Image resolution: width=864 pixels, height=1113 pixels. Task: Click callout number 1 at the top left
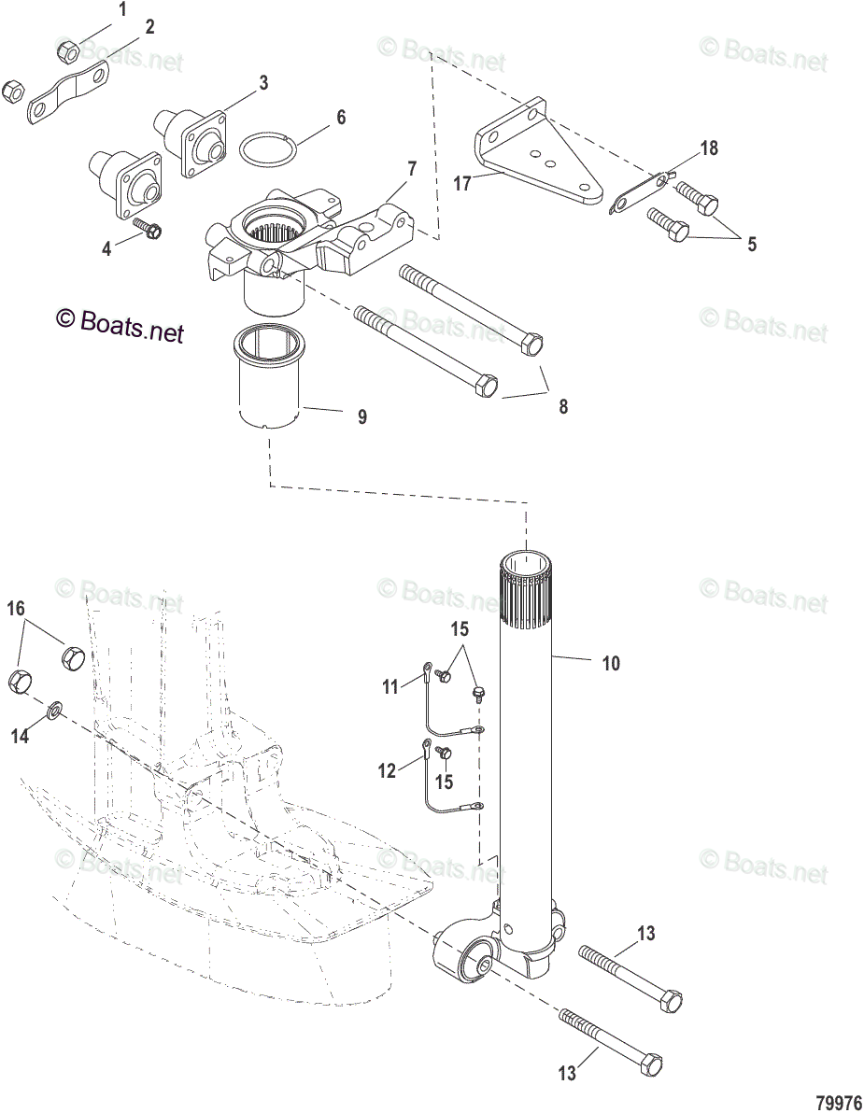click(121, 11)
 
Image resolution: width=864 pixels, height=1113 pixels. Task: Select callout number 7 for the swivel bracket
click(411, 169)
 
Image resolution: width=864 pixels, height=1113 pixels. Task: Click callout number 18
click(709, 148)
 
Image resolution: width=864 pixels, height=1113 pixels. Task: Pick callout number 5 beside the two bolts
click(751, 245)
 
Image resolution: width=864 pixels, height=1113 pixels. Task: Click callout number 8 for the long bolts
click(562, 406)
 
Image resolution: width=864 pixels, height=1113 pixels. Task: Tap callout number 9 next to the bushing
click(361, 417)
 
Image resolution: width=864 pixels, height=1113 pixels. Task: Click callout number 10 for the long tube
click(611, 664)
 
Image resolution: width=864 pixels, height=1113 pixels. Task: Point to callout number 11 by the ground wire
click(390, 687)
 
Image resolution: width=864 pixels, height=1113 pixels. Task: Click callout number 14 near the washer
click(20, 736)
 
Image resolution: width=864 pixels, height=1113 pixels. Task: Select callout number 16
click(16, 610)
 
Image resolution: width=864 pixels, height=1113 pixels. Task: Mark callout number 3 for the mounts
click(263, 83)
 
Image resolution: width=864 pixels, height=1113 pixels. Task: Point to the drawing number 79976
click(839, 1103)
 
